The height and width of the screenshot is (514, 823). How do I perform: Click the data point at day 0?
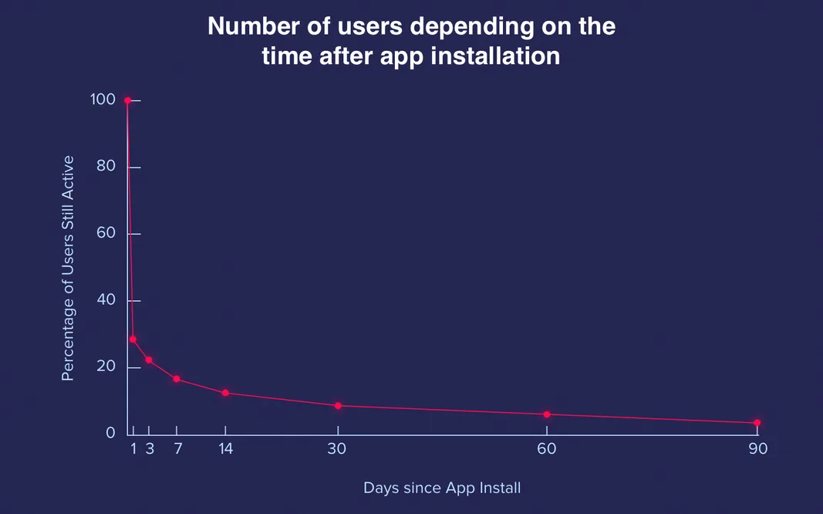click(x=127, y=100)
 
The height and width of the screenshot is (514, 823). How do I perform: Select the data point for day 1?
click(x=133, y=340)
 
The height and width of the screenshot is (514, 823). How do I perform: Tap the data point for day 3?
click(x=149, y=360)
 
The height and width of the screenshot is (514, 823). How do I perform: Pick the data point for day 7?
click(x=177, y=379)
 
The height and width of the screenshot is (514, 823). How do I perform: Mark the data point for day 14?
click(x=225, y=393)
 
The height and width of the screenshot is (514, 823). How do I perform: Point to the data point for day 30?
click(x=338, y=406)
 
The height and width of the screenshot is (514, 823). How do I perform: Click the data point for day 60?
click(x=547, y=414)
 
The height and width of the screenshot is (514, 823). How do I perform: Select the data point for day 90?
click(x=757, y=423)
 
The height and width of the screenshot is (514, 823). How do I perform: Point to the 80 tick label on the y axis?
click(x=106, y=167)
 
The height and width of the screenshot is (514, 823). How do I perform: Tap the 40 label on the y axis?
click(x=106, y=300)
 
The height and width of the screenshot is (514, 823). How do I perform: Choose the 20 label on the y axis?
click(x=106, y=367)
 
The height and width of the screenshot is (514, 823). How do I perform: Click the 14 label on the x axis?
click(x=225, y=448)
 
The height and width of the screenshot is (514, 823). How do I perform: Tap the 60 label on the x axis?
click(x=547, y=448)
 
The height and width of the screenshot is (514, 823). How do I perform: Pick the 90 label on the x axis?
click(x=757, y=448)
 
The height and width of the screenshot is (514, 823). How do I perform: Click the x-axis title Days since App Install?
click(x=442, y=488)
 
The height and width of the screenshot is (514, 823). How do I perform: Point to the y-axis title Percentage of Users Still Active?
click(x=68, y=268)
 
